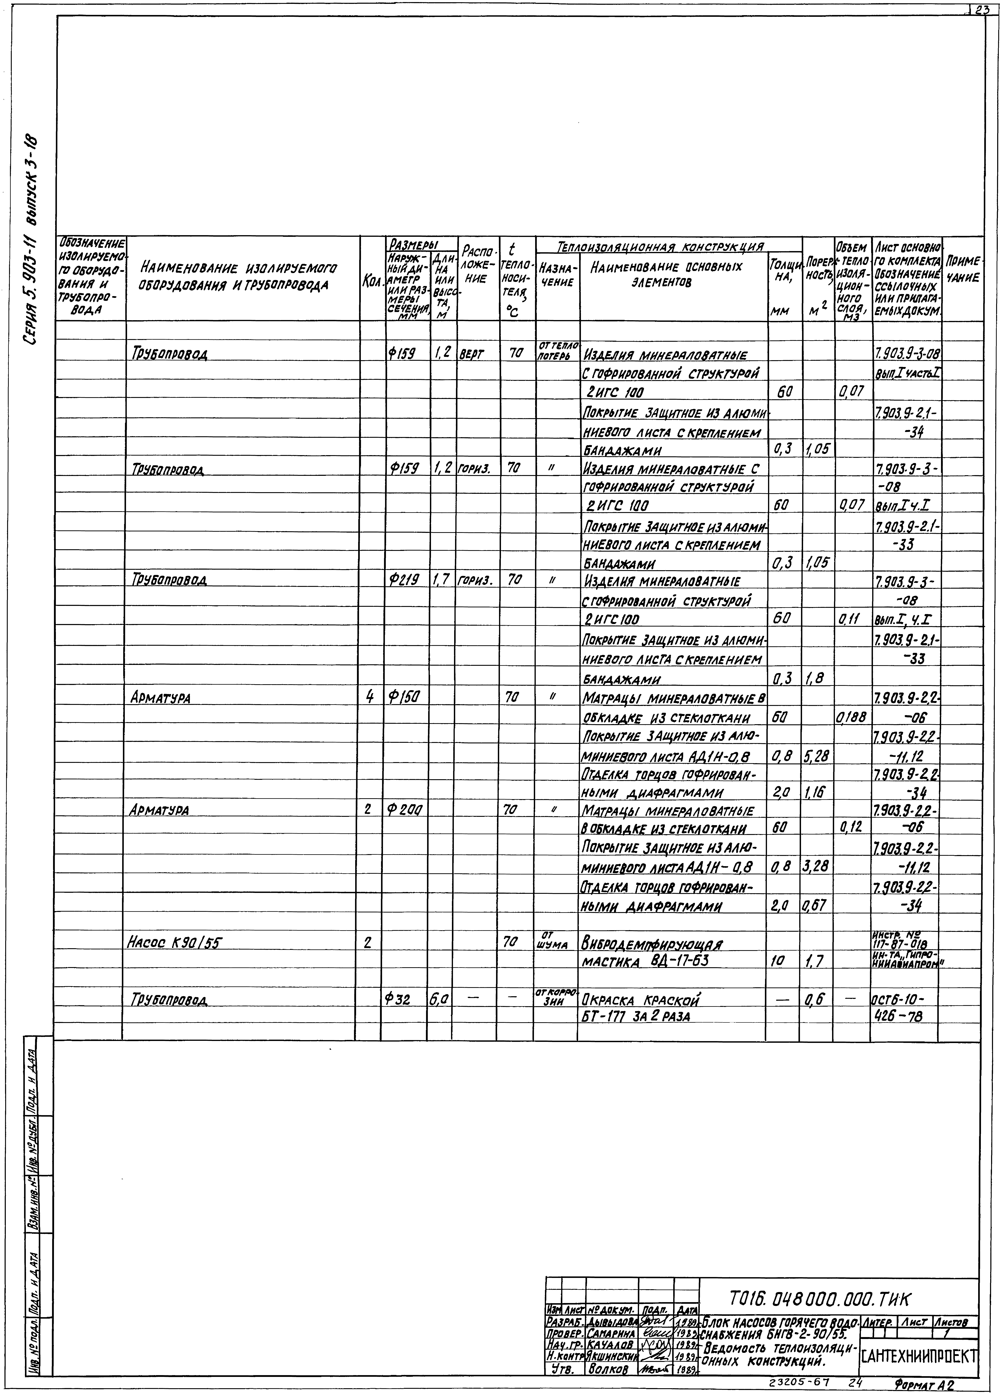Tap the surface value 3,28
coord(816,867)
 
